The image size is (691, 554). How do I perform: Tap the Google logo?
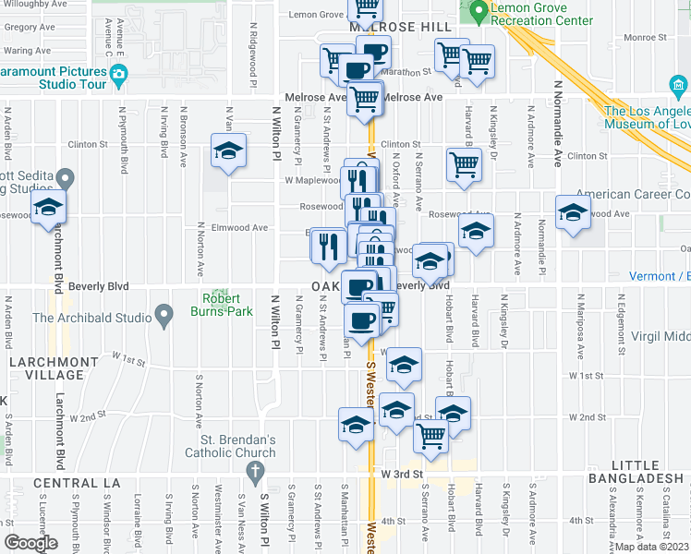tap(30, 544)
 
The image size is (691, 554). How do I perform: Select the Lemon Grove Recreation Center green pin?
tap(478, 12)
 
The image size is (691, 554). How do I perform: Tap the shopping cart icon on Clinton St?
tap(464, 164)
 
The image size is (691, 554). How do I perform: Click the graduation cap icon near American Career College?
tap(573, 212)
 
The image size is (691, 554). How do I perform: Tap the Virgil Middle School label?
tap(657, 338)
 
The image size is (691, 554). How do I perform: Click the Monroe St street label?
tap(638, 38)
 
